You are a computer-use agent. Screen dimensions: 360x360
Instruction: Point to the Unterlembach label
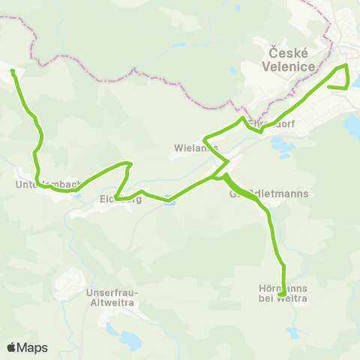46,184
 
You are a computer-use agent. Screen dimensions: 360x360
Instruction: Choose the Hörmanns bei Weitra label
281,292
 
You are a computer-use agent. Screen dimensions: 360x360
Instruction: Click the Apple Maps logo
27,347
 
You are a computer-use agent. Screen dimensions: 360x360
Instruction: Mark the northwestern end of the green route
13,71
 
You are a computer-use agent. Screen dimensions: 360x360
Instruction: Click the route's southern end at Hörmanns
280,295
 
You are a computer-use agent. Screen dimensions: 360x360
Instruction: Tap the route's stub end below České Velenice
328,87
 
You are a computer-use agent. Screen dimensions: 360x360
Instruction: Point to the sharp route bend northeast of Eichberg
131,163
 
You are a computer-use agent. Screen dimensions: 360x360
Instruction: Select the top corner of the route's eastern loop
346,66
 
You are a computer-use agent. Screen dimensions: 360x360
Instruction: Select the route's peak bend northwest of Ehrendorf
241,118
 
